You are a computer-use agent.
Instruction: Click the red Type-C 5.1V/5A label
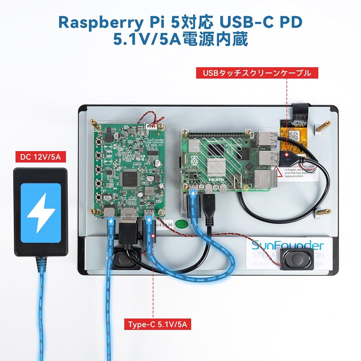pyautogui.click(x=157, y=324)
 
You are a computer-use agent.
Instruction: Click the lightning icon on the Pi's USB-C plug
pyautogui.click(x=193, y=193)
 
